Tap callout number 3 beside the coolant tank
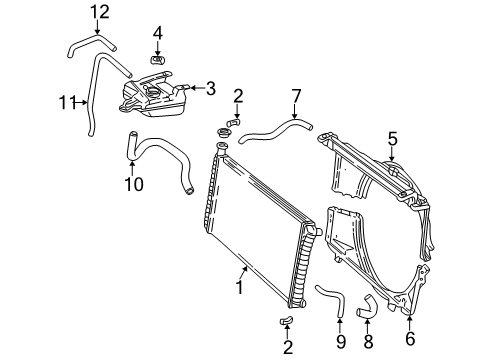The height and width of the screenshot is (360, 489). click(x=210, y=87)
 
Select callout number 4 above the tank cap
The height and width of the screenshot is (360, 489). click(x=158, y=33)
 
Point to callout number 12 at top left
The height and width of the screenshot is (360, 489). click(x=98, y=11)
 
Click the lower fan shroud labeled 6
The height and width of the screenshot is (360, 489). click(x=380, y=260)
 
